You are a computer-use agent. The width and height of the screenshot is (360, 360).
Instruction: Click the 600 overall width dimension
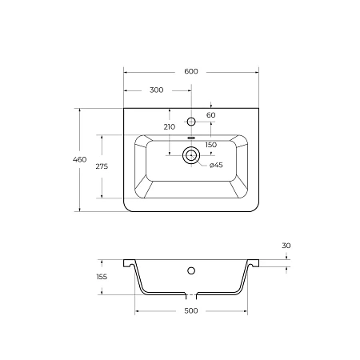(190, 71)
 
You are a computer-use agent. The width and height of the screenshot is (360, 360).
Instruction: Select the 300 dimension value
(156, 90)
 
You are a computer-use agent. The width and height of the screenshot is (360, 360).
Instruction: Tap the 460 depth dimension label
(79, 160)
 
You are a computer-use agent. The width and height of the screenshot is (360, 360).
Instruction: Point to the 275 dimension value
(102, 166)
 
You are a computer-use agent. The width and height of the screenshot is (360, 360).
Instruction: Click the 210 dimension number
(169, 127)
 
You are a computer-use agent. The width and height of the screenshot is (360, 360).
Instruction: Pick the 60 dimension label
(211, 116)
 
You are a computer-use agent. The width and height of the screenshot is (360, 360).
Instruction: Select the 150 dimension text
(210, 145)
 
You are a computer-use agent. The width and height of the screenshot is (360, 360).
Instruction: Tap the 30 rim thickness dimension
(286, 245)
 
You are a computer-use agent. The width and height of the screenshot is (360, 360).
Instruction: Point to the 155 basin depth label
(101, 277)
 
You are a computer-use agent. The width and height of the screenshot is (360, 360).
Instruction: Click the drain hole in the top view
(190, 157)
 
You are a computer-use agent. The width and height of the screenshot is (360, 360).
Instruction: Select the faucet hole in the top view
(190, 122)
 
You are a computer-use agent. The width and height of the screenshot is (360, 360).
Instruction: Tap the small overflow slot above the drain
(190, 137)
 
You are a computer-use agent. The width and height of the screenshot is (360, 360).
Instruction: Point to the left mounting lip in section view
(128, 262)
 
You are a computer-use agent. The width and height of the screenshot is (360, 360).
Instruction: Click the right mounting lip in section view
(253, 262)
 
